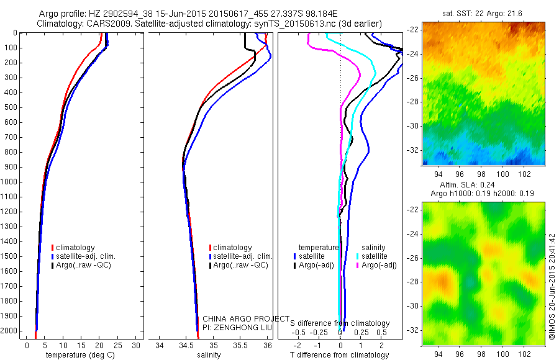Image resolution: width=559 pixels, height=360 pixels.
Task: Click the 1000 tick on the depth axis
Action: [11, 182]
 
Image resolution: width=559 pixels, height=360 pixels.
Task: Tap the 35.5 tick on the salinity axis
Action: [240, 346]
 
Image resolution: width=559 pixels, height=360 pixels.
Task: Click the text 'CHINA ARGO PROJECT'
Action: [246, 319]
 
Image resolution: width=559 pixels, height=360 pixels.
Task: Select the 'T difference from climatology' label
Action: [340, 355]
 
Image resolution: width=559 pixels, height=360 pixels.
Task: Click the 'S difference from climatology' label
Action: [340, 323]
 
